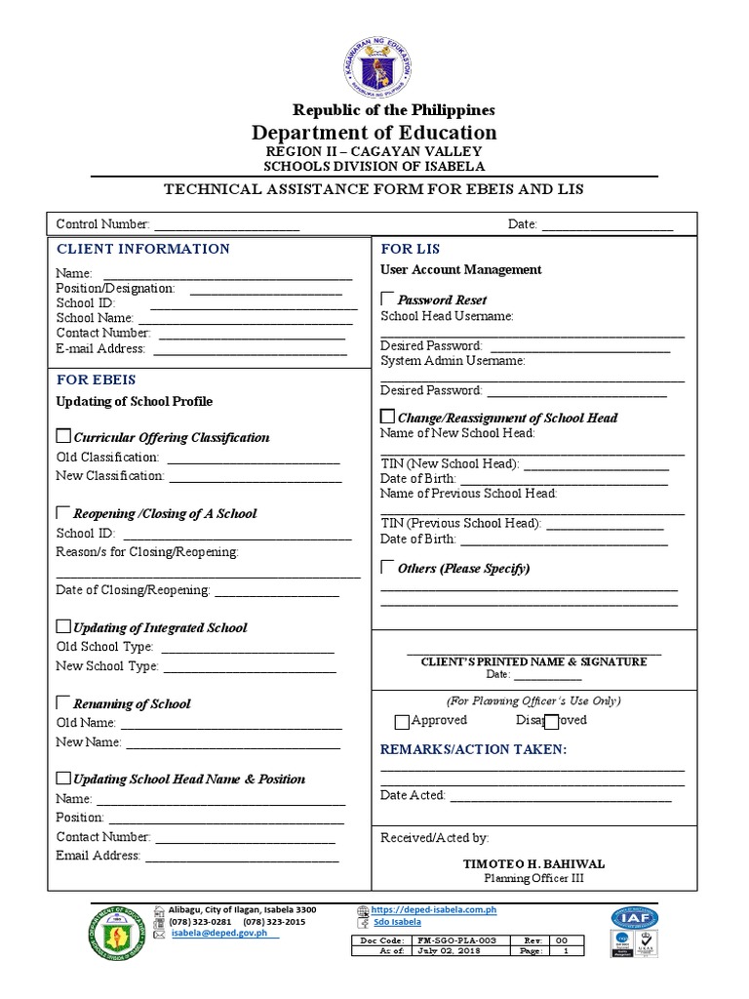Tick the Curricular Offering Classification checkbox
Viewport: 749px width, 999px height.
[x=64, y=436]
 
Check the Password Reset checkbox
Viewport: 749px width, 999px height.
[x=388, y=299]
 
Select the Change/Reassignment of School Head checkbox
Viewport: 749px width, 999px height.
[x=387, y=417]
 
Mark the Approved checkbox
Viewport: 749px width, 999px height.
[x=402, y=722]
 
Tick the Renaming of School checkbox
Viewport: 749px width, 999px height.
[x=64, y=702]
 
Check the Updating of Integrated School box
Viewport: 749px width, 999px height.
[x=64, y=626]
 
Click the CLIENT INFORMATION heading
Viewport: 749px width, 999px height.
[x=143, y=249]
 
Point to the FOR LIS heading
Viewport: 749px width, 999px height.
[x=411, y=249]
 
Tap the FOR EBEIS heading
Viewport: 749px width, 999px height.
[x=97, y=380]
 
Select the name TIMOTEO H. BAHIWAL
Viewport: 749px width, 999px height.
[x=533, y=863]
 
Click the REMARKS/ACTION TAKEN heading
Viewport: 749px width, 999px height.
[x=473, y=749]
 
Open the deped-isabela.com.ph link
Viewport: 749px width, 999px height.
[x=435, y=910]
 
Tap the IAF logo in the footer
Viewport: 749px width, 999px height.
[x=635, y=918]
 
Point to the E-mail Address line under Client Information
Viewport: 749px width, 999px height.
[x=250, y=349]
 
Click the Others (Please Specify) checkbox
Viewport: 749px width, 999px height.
[x=388, y=567]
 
